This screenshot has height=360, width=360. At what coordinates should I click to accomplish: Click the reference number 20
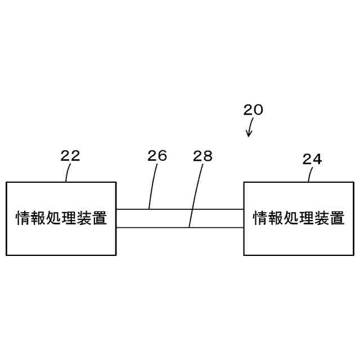[x=253, y=109]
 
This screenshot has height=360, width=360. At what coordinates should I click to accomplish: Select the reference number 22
[x=70, y=156]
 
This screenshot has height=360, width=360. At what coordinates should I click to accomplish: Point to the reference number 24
[x=312, y=159]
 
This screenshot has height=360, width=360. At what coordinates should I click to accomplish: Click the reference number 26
[x=157, y=156]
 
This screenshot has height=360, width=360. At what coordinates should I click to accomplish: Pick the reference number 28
[x=202, y=156]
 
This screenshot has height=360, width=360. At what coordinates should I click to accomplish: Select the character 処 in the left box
[x=53, y=218]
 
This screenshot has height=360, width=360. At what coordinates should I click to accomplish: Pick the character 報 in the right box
[x=276, y=218]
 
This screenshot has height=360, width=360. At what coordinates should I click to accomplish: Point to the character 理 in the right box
[x=307, y=218]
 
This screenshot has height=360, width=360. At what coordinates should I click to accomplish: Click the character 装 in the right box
[x=322, y=218]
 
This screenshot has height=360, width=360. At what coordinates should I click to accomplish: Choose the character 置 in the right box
[x=337, y=218]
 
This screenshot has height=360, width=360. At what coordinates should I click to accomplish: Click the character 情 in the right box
[x=261, y=218]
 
